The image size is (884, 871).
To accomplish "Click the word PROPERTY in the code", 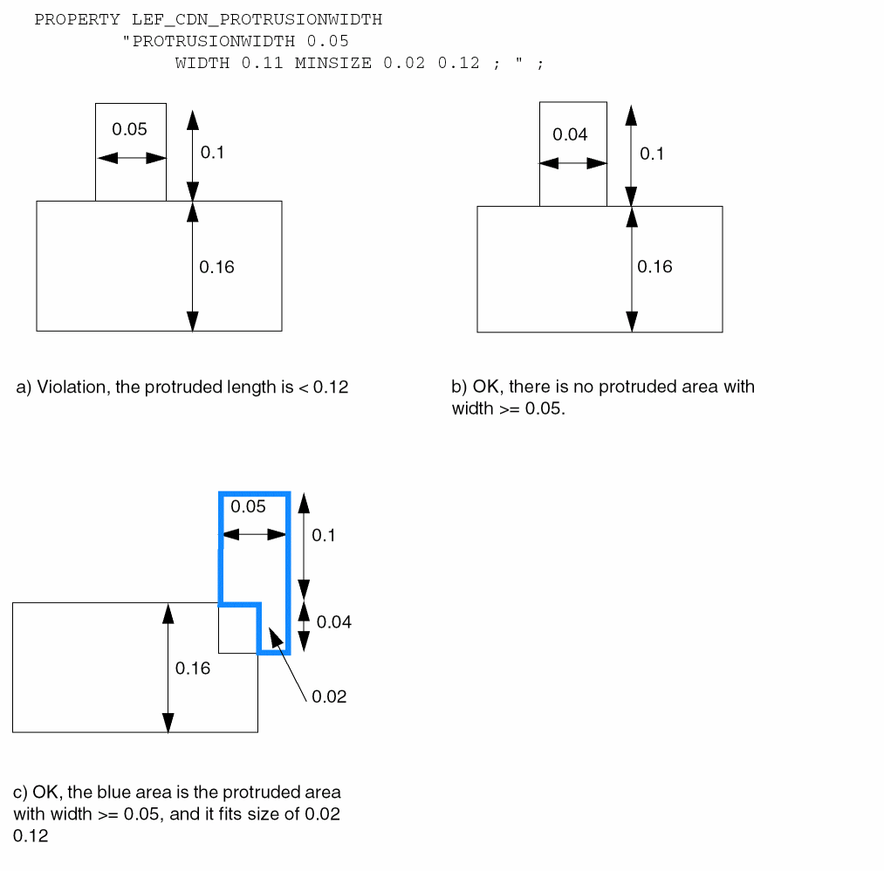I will [77, 19].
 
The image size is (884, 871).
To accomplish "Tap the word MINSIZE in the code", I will [334, 64].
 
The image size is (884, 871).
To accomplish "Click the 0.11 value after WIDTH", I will [262, 64].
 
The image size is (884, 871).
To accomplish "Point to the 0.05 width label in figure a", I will [129, 129].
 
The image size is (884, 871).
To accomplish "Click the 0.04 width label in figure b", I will [570, 134].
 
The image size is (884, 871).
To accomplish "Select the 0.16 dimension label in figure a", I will [216, 267].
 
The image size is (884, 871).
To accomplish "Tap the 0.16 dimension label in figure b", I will [654, 267].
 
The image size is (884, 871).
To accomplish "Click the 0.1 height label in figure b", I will [652, 154].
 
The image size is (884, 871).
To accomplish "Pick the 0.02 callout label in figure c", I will [329, 696].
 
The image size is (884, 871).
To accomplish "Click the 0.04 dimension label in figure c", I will [334, 622].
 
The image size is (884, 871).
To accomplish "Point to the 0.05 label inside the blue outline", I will [248, 507].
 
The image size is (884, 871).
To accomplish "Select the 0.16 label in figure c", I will [193, 669].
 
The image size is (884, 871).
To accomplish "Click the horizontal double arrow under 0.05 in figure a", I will [131, 158].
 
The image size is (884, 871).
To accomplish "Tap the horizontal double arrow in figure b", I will [572, 163].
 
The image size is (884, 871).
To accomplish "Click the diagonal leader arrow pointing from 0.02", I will [288, 663].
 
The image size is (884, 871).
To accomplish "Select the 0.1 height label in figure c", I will [324, 535].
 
